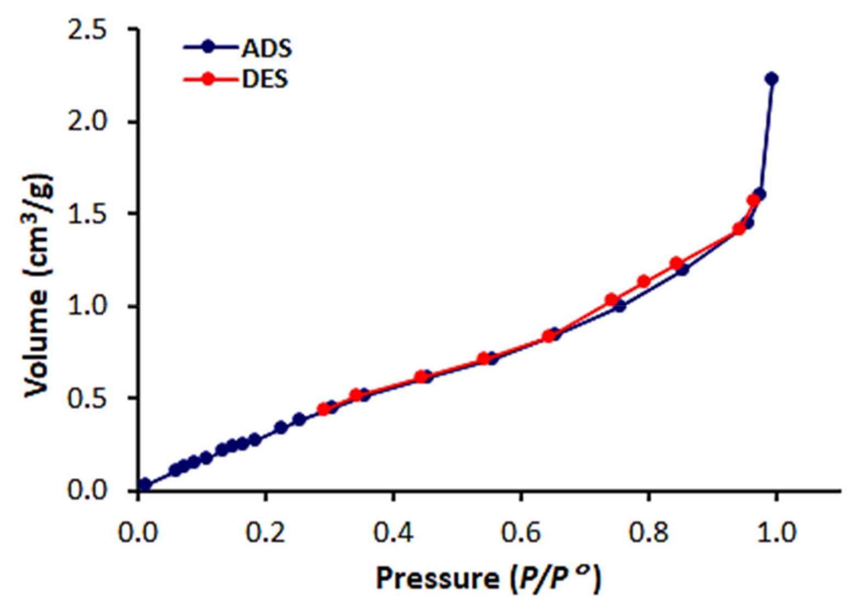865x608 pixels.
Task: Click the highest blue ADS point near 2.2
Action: click(771, 79)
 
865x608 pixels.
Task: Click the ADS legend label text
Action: click(267, 49)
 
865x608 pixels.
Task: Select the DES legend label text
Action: click(265, 79)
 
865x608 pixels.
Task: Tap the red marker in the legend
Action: click(208, 79)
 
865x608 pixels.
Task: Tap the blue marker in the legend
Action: click(208, 47)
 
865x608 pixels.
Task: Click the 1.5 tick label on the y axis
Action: click(87, 214)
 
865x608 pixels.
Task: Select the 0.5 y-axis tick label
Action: click(87, 398)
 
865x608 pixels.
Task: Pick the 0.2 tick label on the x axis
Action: click(265, 532)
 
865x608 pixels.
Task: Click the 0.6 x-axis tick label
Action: click(520, 532)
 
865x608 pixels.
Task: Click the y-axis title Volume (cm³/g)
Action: click(37, 285)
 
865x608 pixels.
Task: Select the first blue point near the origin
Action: click(145, 484)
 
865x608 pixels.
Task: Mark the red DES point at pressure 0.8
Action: click(644, 282)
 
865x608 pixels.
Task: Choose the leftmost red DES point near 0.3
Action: click(323, 409)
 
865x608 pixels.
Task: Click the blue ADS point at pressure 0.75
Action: click(619, 306)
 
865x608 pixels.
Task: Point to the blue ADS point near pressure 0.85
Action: click(682, 269)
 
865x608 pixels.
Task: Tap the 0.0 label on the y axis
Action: click(87, 490)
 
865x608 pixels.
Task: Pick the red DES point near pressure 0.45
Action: click(421, 377)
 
